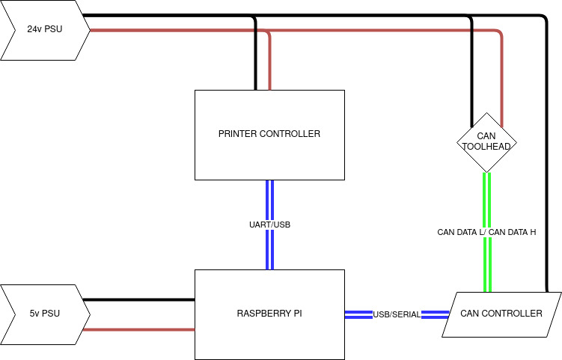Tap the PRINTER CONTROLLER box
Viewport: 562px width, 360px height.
click(269, 135)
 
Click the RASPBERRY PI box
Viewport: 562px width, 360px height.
click(269, 314)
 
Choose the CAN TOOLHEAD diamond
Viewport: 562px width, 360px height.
click(486, 142)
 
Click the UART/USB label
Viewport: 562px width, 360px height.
click(269, 225)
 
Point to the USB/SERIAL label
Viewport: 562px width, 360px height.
click(397, 314)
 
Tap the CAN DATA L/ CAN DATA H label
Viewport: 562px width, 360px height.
click(486, 232)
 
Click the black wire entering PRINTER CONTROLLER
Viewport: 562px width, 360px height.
click(255, 60)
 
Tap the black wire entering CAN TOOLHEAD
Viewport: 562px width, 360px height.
click(471, 75)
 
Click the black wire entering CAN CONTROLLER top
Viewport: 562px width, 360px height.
click(546, 150)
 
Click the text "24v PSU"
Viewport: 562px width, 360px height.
click(45, 30)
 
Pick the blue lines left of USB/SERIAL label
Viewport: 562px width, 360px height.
click(358, 314)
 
